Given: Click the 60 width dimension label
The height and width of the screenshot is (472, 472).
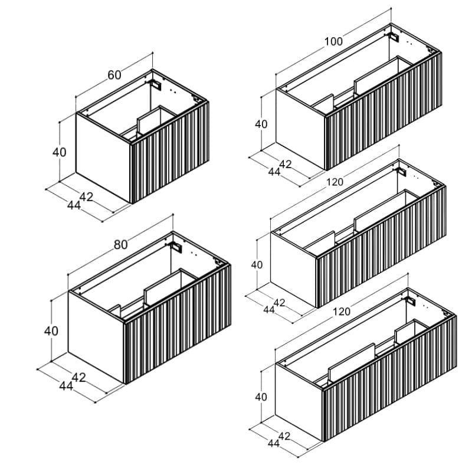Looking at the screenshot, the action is tap(114, 75).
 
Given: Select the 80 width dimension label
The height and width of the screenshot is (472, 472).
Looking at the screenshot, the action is tap(121, 245).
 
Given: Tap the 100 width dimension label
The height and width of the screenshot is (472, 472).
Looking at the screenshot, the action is tap(333, 41).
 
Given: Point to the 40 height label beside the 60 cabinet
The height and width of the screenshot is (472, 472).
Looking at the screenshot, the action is tap(60, 152).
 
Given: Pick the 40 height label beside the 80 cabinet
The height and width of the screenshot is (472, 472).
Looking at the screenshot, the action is tap(51, 331).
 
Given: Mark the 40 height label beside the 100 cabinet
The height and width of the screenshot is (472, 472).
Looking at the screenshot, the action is tap(261, 124).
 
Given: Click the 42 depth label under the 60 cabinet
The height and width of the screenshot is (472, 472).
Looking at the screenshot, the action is tap(86, 197).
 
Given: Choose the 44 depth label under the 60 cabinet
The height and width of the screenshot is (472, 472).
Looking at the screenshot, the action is tap(74, 205).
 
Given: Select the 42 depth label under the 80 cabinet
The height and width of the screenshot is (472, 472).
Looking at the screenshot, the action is tap(79, 378).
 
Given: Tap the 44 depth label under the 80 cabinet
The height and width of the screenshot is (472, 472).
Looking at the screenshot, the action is tap(66, 386).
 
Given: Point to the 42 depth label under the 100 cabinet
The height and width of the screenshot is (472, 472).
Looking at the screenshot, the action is tap(286, 164).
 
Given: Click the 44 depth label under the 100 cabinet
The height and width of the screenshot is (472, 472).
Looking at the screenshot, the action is tap(274, 172).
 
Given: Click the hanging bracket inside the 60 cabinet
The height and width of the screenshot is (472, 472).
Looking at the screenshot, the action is tap(156, 84).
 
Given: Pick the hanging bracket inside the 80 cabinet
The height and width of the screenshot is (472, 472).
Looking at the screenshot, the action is tap(176, 247).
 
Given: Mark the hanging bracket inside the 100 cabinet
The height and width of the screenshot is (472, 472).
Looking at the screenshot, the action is tap(394, 37).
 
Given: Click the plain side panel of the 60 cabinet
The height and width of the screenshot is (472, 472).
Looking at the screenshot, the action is tap(103, 158).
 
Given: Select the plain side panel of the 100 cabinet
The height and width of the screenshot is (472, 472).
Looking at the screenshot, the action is tap(300, 129).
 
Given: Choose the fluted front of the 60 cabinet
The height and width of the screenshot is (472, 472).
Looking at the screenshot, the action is tap(169, 152).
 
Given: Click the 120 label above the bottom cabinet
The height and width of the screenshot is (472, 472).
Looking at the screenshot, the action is tap(342, 312).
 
